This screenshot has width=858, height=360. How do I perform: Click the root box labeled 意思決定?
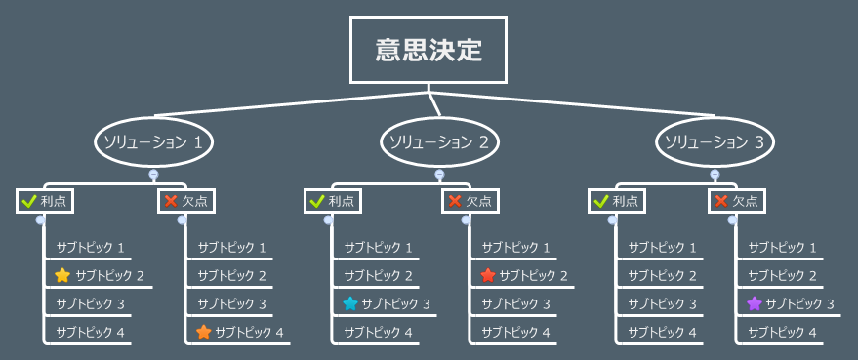[x=429, y=50]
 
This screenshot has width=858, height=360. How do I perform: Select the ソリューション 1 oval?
[x=153, y=142]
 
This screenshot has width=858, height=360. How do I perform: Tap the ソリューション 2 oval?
[x=439, y=142]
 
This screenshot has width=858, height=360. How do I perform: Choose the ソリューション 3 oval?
[x=715, y=142]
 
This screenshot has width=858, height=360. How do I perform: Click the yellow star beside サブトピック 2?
[x=62, y=275]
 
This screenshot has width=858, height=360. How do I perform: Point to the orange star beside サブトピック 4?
[x=203, y=332]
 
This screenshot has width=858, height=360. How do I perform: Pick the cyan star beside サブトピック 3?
[x=349, y=303]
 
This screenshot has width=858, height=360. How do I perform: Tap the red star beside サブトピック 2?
[x=488, y=275]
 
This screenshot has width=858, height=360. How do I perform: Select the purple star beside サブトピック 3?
[x=754, y=303]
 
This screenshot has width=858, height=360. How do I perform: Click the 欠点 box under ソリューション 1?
[x=186, y=201]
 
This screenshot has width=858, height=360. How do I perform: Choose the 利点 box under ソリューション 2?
[x=332, y=201]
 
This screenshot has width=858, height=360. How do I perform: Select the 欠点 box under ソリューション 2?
[x=470, y=201]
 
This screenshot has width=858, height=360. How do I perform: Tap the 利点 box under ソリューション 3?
[x=617, y=201]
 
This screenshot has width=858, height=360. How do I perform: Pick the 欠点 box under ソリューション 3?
[x=736, y=201]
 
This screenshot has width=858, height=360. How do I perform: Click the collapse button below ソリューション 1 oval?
[x=153, y=176]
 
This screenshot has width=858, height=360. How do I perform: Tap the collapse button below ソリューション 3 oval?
[x=715, y=176]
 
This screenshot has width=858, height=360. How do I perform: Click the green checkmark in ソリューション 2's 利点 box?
[x=316, y=201]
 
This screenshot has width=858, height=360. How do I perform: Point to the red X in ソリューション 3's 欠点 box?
[x=721, y=201]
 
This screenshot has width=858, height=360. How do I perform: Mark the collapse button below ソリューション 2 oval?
[x=439, y=176]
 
